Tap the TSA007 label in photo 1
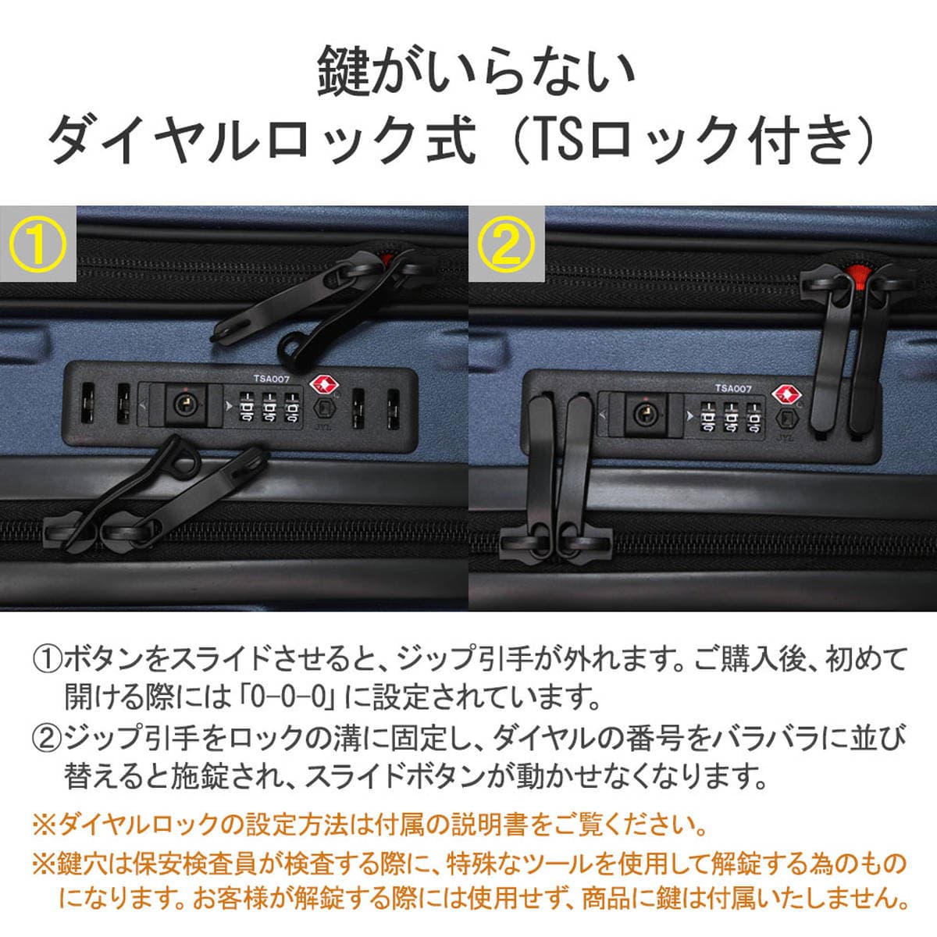pyautogui.click(x=271, y=378)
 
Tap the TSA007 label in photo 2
pyautogui.click(x=733, y=388)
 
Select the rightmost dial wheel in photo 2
pyautogui.click(x=754, y=416)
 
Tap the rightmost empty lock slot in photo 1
pyautogui.click(x=393, y=409)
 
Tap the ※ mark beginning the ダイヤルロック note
pyautogui.click(x=45, y=827)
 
